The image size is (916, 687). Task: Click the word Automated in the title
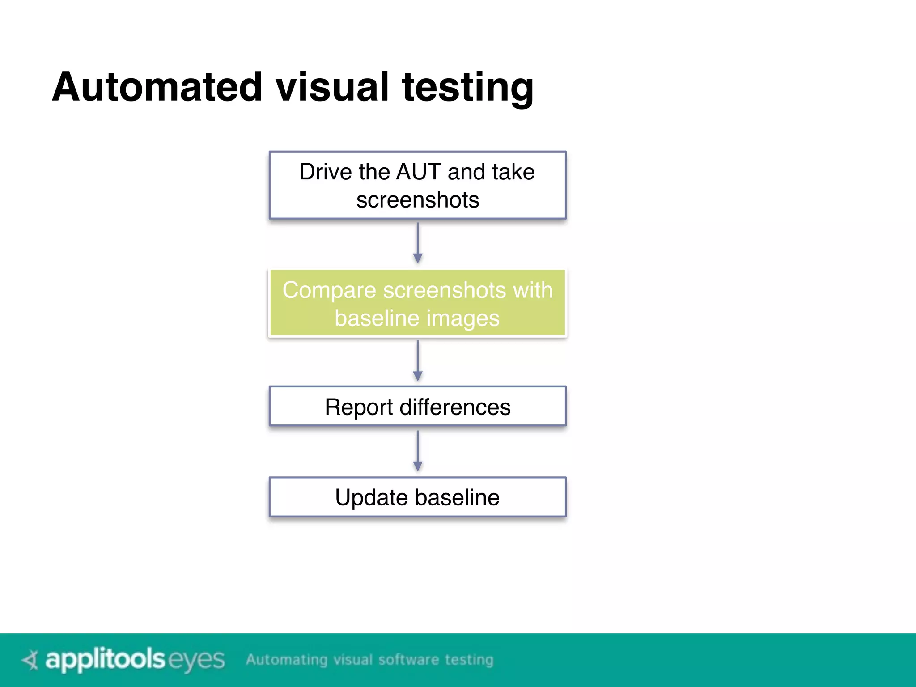[x=157, y=87]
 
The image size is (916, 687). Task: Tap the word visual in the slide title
[x=332, y=87]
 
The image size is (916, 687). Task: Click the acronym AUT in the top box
[x=419, y=172]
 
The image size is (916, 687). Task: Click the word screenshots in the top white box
[x=417, y=199]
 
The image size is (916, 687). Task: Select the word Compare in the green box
[x=329, y=290]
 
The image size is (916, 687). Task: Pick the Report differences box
[x=417, y=406]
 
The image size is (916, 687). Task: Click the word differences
[x=455, y=407]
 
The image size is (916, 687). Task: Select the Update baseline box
[x=417, y=497]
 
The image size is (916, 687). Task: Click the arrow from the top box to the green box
[x=417, y=243]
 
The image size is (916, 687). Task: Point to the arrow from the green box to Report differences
[x=417, y=360]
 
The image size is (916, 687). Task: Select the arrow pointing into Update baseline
[x=417, y=451]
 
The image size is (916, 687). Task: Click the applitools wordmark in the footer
[x=106, y=660]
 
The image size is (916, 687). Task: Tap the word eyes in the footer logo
[x=196, y=660]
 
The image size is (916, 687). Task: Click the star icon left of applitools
[x=31, y=660]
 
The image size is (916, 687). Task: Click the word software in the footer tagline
[x=408, y=660]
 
